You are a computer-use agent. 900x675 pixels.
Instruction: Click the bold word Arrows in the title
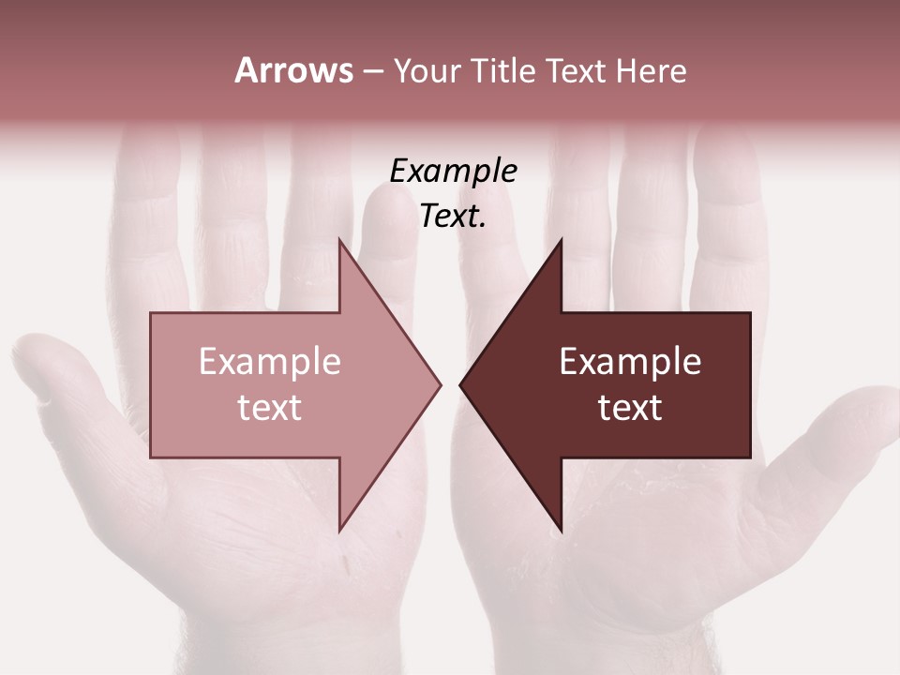tap(292, 70)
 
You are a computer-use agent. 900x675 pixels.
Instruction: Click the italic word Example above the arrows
tap(453, 171)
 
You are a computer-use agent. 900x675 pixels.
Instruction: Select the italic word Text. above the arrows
tap(453, 217)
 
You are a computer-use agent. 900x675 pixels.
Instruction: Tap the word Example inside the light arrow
tap(270, 361)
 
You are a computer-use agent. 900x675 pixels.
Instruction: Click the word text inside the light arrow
tap(270, 408)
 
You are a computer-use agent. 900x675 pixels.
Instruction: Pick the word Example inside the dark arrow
tap(630, 361)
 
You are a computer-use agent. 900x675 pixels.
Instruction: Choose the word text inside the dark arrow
tap(630, 408)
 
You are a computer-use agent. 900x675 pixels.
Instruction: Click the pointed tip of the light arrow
tap(440, 384)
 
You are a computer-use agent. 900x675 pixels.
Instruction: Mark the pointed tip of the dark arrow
tap(460, 384)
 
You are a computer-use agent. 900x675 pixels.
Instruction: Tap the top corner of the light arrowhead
tap(340, 241)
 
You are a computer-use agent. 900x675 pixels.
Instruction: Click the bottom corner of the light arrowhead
tap(340, 530)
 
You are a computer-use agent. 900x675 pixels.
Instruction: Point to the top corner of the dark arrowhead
tap(561, 241)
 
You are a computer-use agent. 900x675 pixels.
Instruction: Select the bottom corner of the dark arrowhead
tap(561, 530)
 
